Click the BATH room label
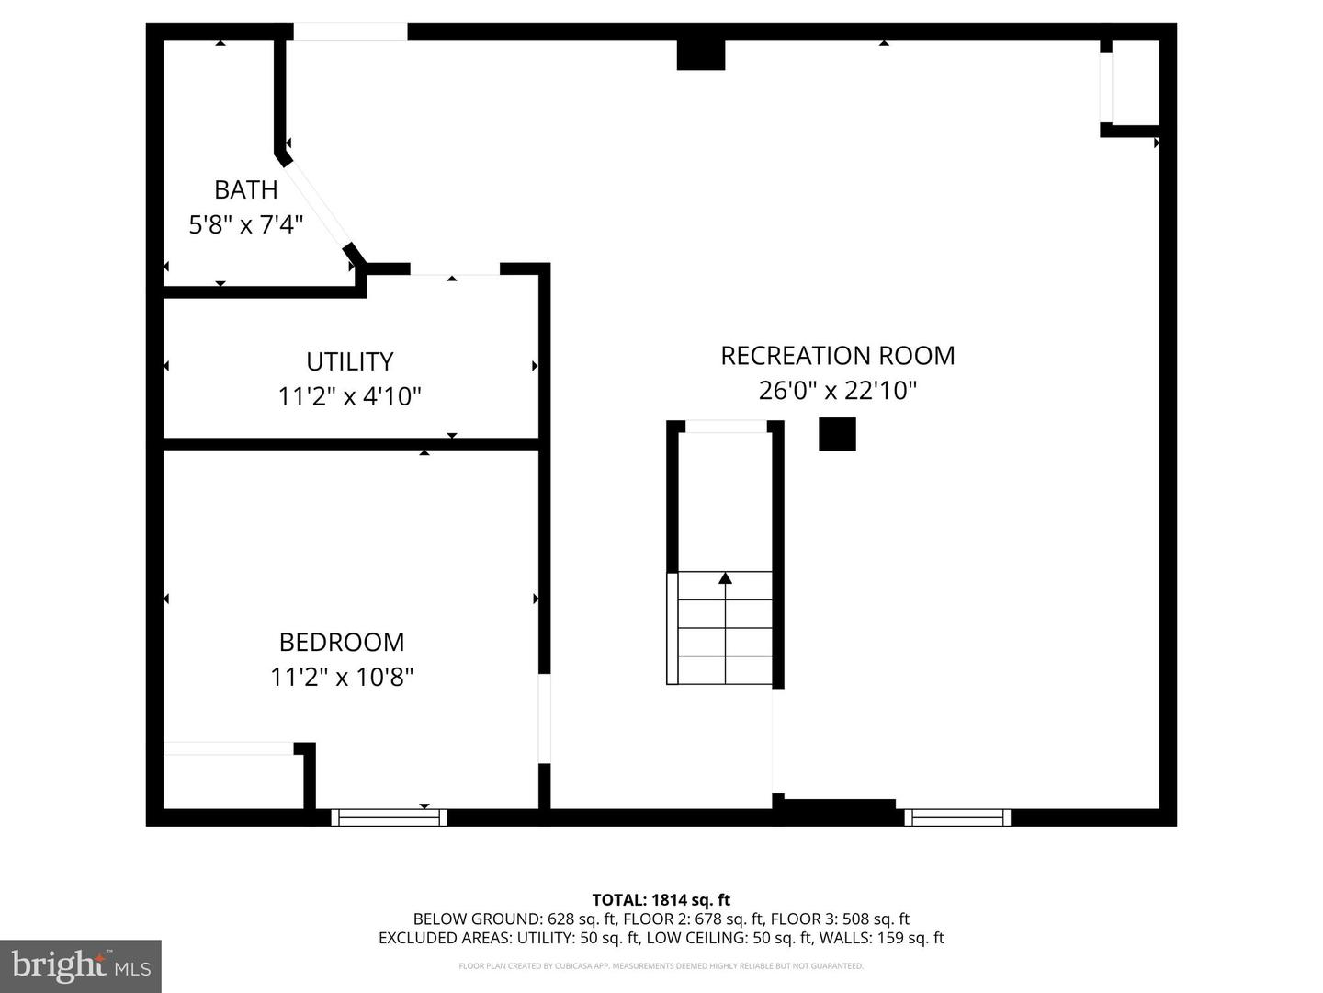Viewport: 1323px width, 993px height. (x=246, y=190)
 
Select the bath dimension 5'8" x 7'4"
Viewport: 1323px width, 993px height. (x=246, y=225)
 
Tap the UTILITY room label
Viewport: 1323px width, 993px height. (x=350, y=361)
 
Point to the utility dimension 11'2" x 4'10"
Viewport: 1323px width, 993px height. (x=350, y=396)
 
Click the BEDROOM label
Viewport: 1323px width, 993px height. (x=342, y=642)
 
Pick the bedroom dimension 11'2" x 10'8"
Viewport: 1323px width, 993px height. (x=342, y=677)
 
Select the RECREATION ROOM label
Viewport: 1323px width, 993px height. (x=838, y=356)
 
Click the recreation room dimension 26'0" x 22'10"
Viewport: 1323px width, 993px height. (x=838, y=391)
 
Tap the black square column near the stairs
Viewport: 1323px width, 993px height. (x=837, y=434)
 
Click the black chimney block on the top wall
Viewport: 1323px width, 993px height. (x=700, y=55)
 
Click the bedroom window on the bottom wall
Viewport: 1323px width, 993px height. (x=390, y=817)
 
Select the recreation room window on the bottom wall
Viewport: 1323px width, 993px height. (x=957, y=817)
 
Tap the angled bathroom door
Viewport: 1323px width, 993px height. (x=317, y=204)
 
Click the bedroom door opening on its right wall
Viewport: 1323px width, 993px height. (x=544, y=719)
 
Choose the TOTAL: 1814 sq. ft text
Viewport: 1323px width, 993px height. (x=661, y=900)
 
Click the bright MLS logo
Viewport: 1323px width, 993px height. (x=81, y=966)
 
